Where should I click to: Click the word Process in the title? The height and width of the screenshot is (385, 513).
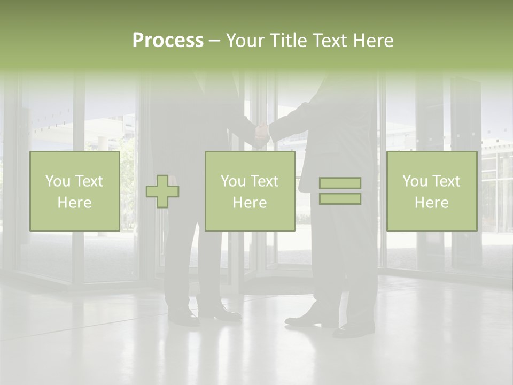pos(168,41)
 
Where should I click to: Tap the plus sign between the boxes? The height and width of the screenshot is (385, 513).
pos(162,191)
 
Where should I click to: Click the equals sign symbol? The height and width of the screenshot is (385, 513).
pos(340,191)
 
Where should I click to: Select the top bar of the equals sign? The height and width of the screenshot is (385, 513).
pos(340,183)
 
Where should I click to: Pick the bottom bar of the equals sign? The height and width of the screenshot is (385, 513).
pos(340,199)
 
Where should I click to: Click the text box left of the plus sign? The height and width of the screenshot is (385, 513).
pos(74,191)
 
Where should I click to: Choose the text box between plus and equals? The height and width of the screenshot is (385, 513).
pos(250,191)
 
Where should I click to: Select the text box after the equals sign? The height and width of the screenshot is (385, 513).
pos(431,191)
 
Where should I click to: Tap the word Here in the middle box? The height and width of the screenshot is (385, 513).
pos(250,203)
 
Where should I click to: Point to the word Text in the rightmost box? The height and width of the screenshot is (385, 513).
pos(446,181)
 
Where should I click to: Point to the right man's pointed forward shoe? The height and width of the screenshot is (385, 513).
pos(303,320)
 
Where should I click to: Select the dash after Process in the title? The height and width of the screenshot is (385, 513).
pos(214,41)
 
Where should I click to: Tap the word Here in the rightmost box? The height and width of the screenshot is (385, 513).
pos(431,203)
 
